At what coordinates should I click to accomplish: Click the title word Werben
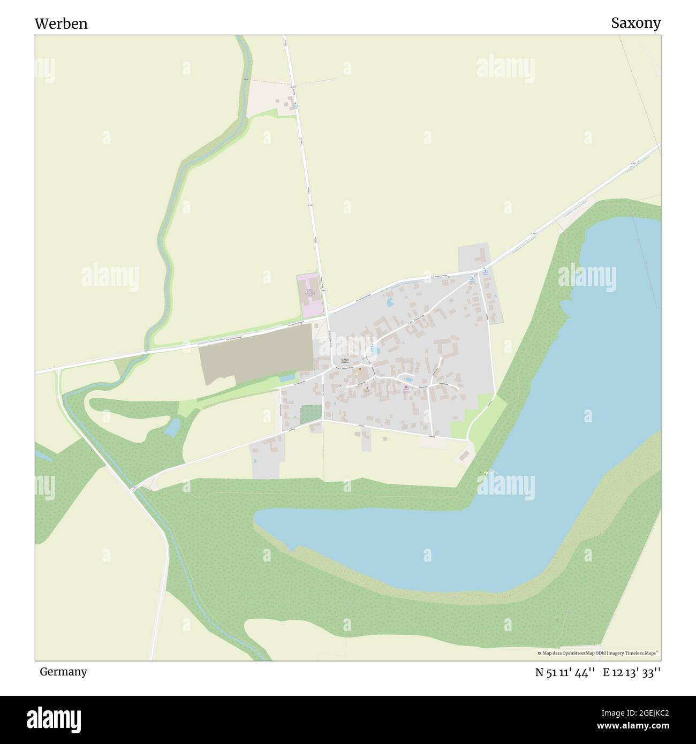(61, 24)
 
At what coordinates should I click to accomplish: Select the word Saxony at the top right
(636, 23)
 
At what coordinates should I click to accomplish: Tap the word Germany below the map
(63, 671)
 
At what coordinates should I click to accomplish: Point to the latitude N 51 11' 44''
(565, 672)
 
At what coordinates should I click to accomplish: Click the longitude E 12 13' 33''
(632, 672)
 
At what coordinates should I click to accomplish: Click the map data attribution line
(598, 653)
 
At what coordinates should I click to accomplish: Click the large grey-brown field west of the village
(256, 354)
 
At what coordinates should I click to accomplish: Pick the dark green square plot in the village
(311, 414)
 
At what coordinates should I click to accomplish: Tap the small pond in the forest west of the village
(172, 427)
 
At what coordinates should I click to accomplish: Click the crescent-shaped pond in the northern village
(390, 303)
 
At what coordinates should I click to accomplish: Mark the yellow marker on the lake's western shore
(486, 473)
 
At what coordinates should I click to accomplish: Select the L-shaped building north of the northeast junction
(481, 254)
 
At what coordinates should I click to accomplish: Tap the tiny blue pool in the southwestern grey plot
(255, 460)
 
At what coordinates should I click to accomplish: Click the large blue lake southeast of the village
(535, 482)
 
